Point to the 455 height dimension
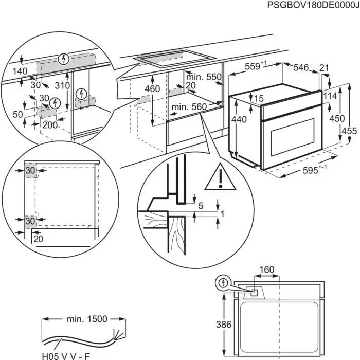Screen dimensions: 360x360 (x=349, y=131)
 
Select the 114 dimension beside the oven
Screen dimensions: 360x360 (x=330, y=96)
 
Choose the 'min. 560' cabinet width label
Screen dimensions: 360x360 (x=189, y=107)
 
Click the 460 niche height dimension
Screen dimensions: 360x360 (x=152, y=88)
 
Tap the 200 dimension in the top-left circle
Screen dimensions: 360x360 (x=50, y=125)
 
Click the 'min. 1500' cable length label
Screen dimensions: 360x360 (x=86, y=319)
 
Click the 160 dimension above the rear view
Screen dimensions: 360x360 (x=266, y=269)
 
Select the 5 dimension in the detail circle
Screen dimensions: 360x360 (x=201, y=206)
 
